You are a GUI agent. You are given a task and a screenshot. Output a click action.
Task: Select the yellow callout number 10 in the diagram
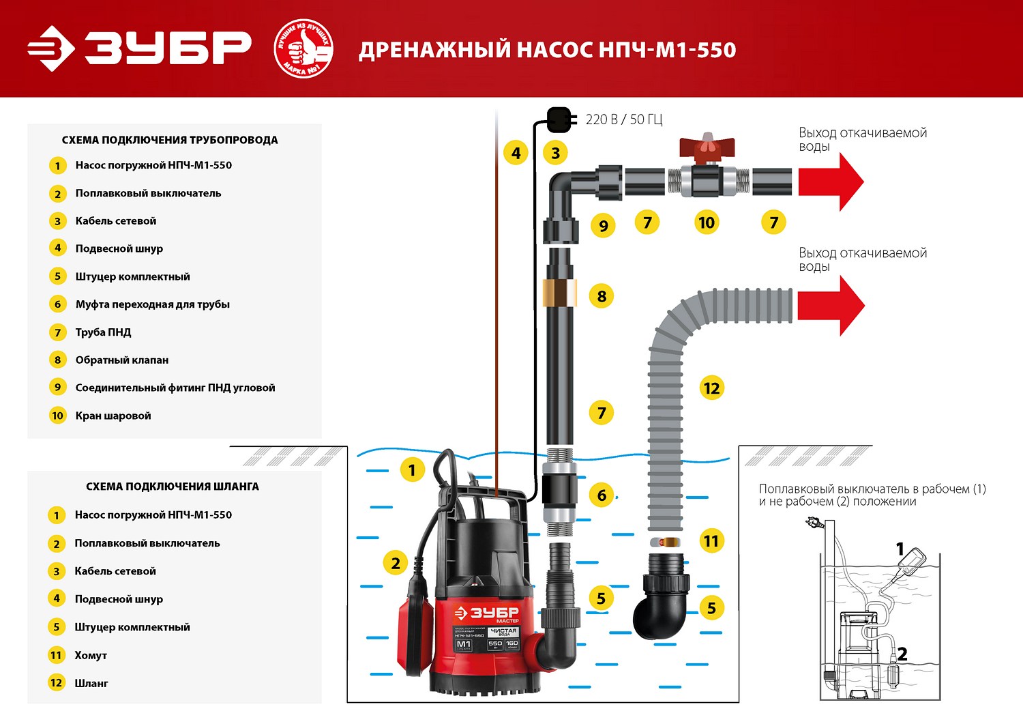point(707,222)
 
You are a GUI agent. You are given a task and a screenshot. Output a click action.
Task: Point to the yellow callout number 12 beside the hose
point(711,388)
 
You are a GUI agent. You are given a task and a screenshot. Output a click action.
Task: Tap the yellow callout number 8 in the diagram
point(602,296)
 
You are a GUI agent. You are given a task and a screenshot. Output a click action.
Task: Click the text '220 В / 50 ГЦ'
point(624,119)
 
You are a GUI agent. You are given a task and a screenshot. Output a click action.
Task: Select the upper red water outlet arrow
point(831,182)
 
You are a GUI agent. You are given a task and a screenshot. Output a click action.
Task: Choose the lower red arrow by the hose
point(831,305)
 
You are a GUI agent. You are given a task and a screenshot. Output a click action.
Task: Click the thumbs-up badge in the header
point(303,49)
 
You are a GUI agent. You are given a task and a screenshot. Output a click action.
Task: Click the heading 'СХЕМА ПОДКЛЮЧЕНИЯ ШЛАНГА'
point(173,487)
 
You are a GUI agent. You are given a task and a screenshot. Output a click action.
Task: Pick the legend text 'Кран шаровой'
point(113,416)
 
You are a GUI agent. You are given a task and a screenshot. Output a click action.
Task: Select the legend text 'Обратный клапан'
point(122,360)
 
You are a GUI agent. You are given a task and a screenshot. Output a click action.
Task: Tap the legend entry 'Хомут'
point(91,655)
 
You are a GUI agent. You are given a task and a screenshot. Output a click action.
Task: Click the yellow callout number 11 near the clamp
point(711,541)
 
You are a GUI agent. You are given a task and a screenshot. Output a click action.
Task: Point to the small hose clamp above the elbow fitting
point(665,542)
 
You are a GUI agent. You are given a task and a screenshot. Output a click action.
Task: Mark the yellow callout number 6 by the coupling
point(602,495)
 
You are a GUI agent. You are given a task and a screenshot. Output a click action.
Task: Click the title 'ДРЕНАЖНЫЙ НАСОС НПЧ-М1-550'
point(547,50)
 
